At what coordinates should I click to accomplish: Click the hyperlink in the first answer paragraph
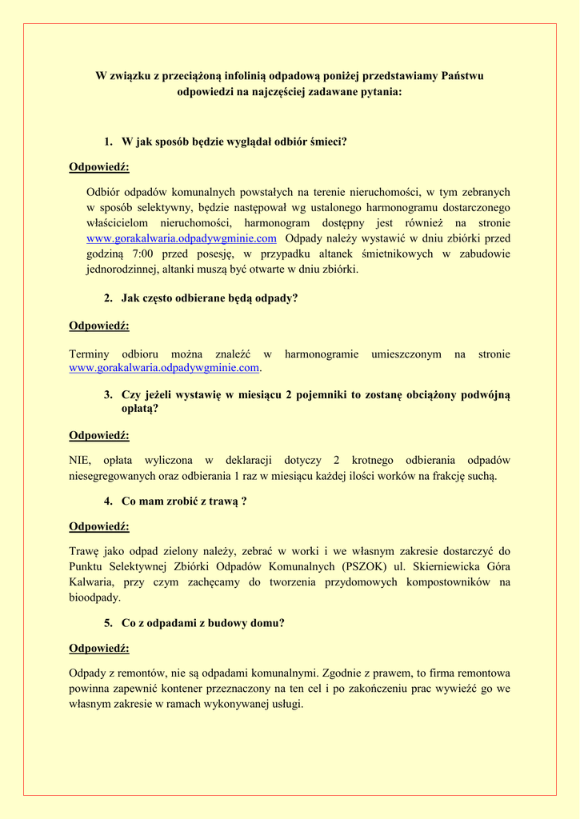click(x=182, y=238)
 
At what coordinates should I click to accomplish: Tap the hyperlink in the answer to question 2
click(x=165, y=368)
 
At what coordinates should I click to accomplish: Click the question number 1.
click(x=108, y=142)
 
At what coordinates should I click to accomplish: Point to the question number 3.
click(x=108, y=394)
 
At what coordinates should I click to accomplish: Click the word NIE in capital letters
click(x=80, y=460)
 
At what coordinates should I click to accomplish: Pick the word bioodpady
click(x=95, y=597)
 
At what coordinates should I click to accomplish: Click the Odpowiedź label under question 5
click(x=99, y=649)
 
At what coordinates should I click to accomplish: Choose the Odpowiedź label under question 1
click(x=99, y=167)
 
